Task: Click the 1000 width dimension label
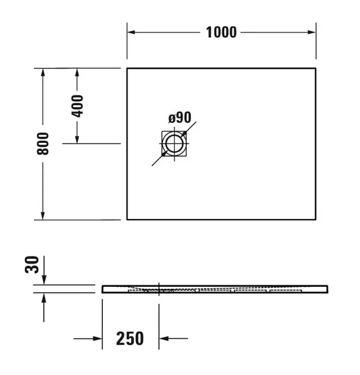[221, 32]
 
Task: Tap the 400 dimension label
[77, 105]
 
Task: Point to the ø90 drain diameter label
[179, 118]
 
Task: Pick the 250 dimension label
[130, 339]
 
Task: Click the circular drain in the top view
[174, 143]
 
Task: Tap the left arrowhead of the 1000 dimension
[130, 32]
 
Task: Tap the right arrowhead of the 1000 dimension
[311, 32]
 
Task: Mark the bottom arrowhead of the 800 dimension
[43, 215]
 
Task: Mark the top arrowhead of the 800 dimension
[43, 73]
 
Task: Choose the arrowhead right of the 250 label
[164, 339]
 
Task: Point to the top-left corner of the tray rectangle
[127, 68]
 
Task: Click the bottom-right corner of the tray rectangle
[315, 219]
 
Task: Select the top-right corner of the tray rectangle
[315, 68]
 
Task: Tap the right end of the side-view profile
[326, 289]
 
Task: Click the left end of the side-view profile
[103, 289]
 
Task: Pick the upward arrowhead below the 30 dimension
[43, 297]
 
